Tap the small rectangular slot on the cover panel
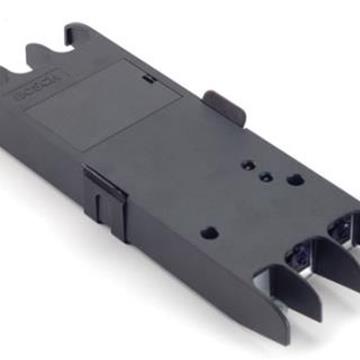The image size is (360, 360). tap(148, 77)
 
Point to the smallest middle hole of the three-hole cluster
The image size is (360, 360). tap(263, 172)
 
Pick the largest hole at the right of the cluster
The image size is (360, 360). tap(295, 181)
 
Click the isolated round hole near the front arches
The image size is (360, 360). tap(208, 231)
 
